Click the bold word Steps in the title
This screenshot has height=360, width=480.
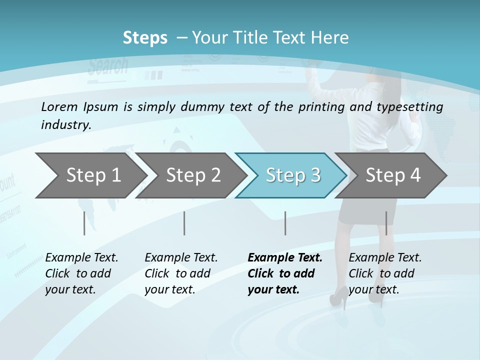tap(145, 38)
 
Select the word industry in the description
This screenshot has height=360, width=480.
tap(65, 124)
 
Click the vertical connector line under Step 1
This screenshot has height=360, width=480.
tap(84, 223)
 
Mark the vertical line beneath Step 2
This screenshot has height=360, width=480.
tap(184, 223)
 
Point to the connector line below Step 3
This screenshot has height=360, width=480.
tap(285, 223)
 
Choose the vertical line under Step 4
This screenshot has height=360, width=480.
tap(386, 223)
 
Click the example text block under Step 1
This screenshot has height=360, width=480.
tap(81, 273)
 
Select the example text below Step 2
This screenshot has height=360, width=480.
tap(181, 273)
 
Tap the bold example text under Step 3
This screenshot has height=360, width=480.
tap(284, 273)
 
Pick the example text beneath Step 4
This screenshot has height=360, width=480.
tap(385, 273)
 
